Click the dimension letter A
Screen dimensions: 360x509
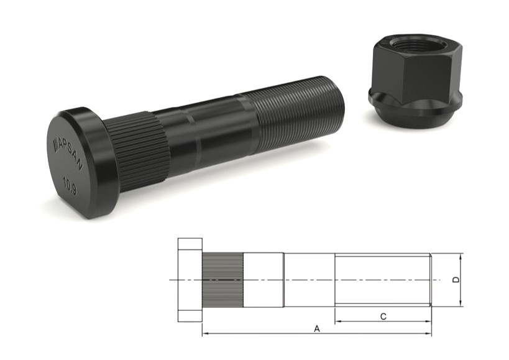[317, 328]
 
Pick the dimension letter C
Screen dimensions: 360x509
[383, 316]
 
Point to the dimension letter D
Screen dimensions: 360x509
[456, 280]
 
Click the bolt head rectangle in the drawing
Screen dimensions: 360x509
[190, 280]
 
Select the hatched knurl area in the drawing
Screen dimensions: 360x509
[222, 280]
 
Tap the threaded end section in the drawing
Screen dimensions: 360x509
[382, 280]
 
